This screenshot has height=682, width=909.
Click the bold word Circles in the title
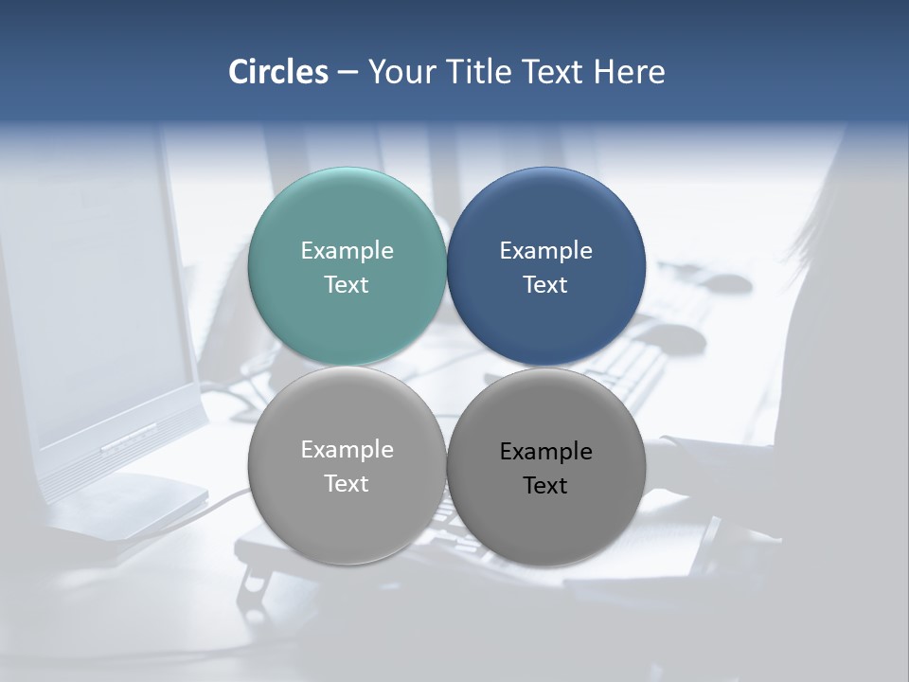278,72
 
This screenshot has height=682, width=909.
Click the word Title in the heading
473,72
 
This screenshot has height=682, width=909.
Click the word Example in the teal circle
347,250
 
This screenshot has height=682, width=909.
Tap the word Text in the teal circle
347,284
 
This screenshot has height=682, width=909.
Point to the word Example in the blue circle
546,250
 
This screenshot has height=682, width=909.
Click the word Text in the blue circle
546,284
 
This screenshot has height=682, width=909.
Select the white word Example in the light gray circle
347,449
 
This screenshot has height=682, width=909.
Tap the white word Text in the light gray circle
347,483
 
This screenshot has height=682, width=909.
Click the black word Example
546,451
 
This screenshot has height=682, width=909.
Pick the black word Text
546,485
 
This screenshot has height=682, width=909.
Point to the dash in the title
348,73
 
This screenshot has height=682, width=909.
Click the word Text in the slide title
553,72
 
